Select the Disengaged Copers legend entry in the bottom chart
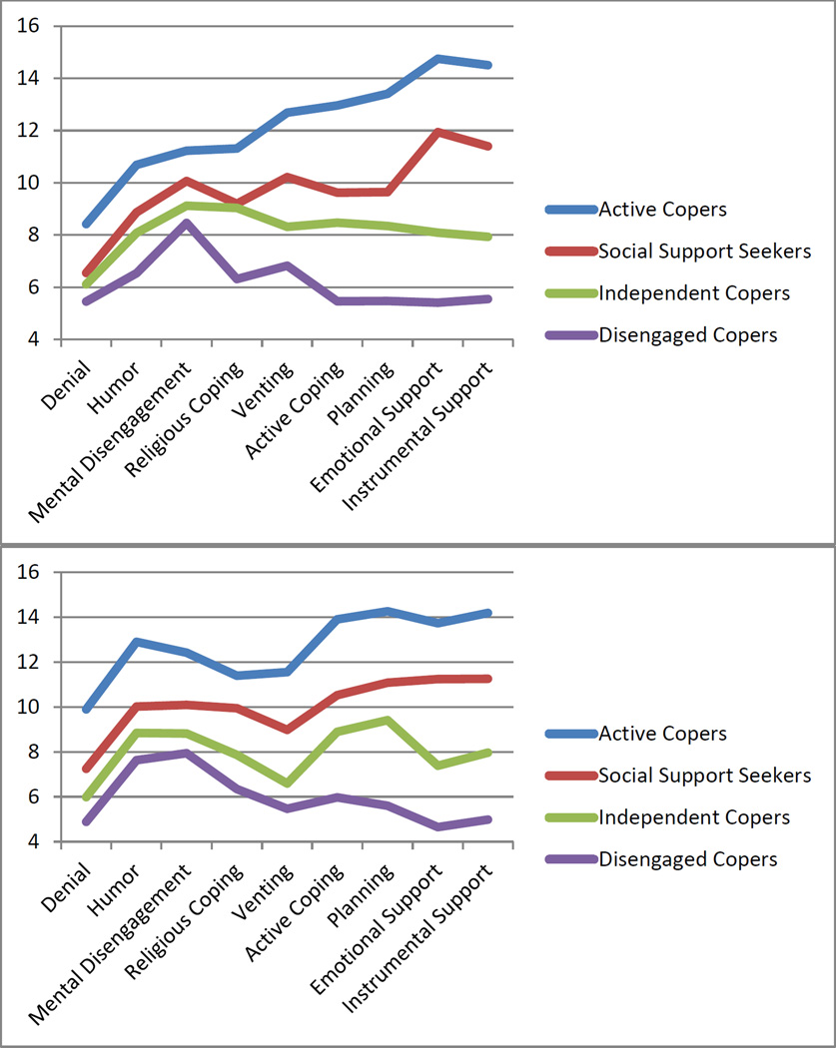(x=678, y=859)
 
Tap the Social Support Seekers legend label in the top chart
(x=704, y=251)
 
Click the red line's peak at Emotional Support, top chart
(x=436, y=132)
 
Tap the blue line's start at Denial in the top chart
(x=86, y=224)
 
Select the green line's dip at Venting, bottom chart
(x=288, y=784)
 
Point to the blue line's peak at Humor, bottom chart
(x=136, y=642)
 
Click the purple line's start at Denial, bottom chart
(x=86, y=821)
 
